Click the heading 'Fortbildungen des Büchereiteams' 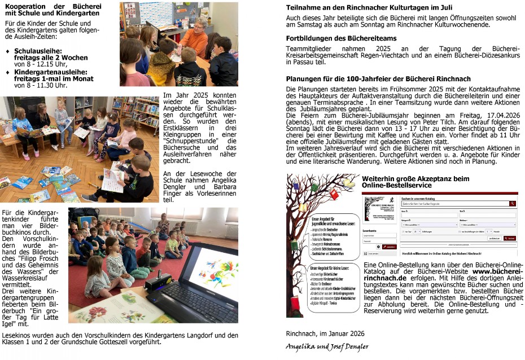(x=341, y=38)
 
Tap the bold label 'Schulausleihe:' (x=36, y=50)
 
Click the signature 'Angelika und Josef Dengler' (x=327, y=346)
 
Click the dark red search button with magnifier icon (x=512, y=203)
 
